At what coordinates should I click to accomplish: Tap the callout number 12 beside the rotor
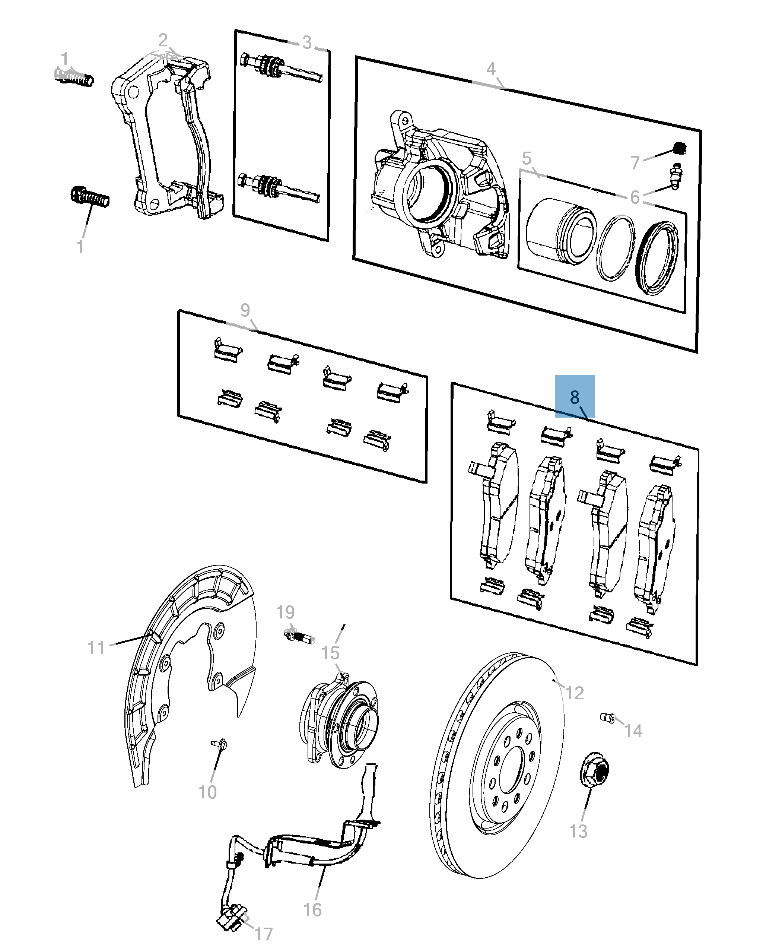[x=574, y=692]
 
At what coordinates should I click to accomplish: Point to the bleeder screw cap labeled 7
[x=679, y=148]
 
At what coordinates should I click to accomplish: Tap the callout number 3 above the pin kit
[x=307, y=43]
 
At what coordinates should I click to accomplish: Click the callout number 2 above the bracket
[x=163, y=41]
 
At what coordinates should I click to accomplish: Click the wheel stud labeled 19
[x=299, y=637]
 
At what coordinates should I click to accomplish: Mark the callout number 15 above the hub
[x=330, y=653]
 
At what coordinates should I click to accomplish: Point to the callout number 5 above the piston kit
[x=527, y=159]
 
